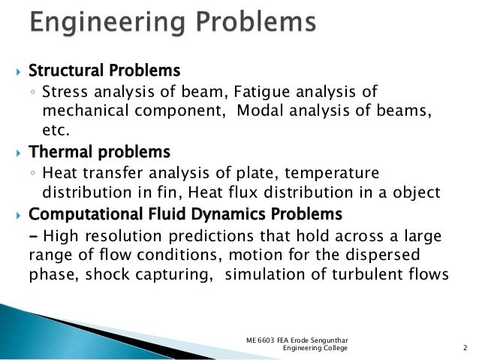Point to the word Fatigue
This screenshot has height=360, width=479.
(x=260, y=93)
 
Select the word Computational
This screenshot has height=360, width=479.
(x=76, y=213)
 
